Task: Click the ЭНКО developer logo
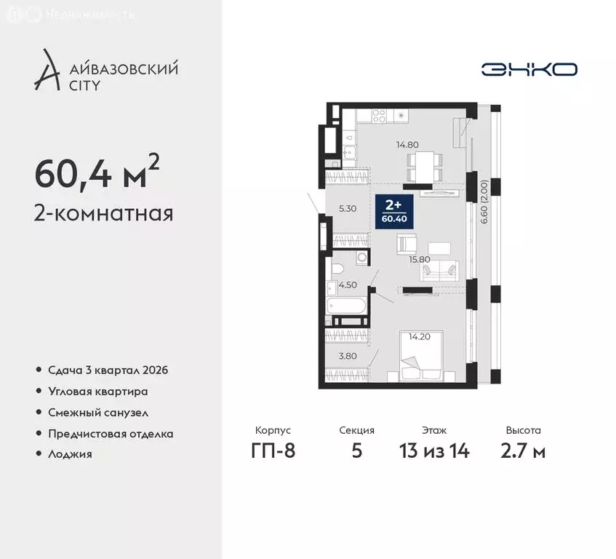(x=529, y=69)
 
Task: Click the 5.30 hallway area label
(x=348, y=208)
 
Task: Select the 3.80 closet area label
(x=348, y=356)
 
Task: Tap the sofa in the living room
(x=439, y=271)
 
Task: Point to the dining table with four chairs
(x=423, y=164)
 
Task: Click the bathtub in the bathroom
(x=347, y=309)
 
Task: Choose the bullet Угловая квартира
(x=98, y=391)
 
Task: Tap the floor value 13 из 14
(x=435, y=451)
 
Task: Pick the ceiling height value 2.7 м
(x=524, y=451)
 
